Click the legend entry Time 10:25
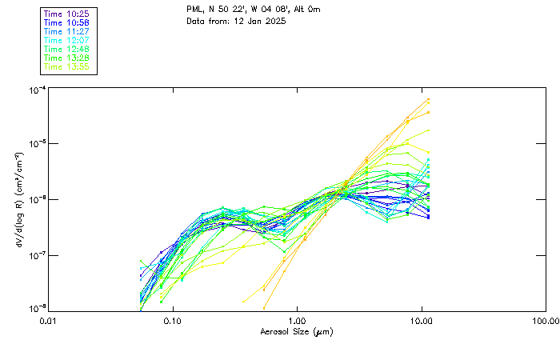pyautogui.click(x=67, y=14)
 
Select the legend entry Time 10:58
pyautogui.click(x=67, y=22)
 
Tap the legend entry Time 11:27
pyautogui.click(x=67, y=31)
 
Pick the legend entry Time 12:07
pyautogui.click(x=67, y=40)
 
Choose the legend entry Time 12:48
pyautogui.click(x=67, y=49)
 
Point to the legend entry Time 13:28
pyautogui.click(x=67, y=58)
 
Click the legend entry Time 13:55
pyautogui.click(x=67, y=66)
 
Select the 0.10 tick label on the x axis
pyautogui.click(x=173, y=321)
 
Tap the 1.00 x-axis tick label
pyautogui.click(x=298, y=321)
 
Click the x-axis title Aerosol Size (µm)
pyautogui.click(x=297, y=331)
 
